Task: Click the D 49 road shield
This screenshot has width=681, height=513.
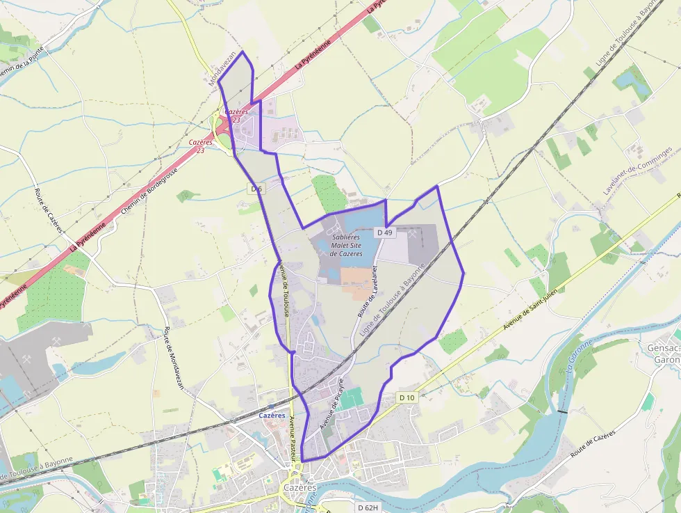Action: (384, 232)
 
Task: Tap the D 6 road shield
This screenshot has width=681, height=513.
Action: (257, 189)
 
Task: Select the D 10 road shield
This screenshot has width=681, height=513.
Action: (407, 397)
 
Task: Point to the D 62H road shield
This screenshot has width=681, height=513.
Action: (368, 507)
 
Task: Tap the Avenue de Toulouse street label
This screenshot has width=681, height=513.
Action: (284, 289)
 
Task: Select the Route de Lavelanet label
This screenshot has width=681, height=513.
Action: (368, 292)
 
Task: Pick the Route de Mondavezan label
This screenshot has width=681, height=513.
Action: (174, 358)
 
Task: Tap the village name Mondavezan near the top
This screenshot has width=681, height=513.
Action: (223, 68)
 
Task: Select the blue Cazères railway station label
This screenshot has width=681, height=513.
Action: (272, 416)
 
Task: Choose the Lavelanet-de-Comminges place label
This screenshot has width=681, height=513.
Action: (637, 170)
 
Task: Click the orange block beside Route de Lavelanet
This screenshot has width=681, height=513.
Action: (356, 281)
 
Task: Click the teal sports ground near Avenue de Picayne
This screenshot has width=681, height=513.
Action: (352, 399)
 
